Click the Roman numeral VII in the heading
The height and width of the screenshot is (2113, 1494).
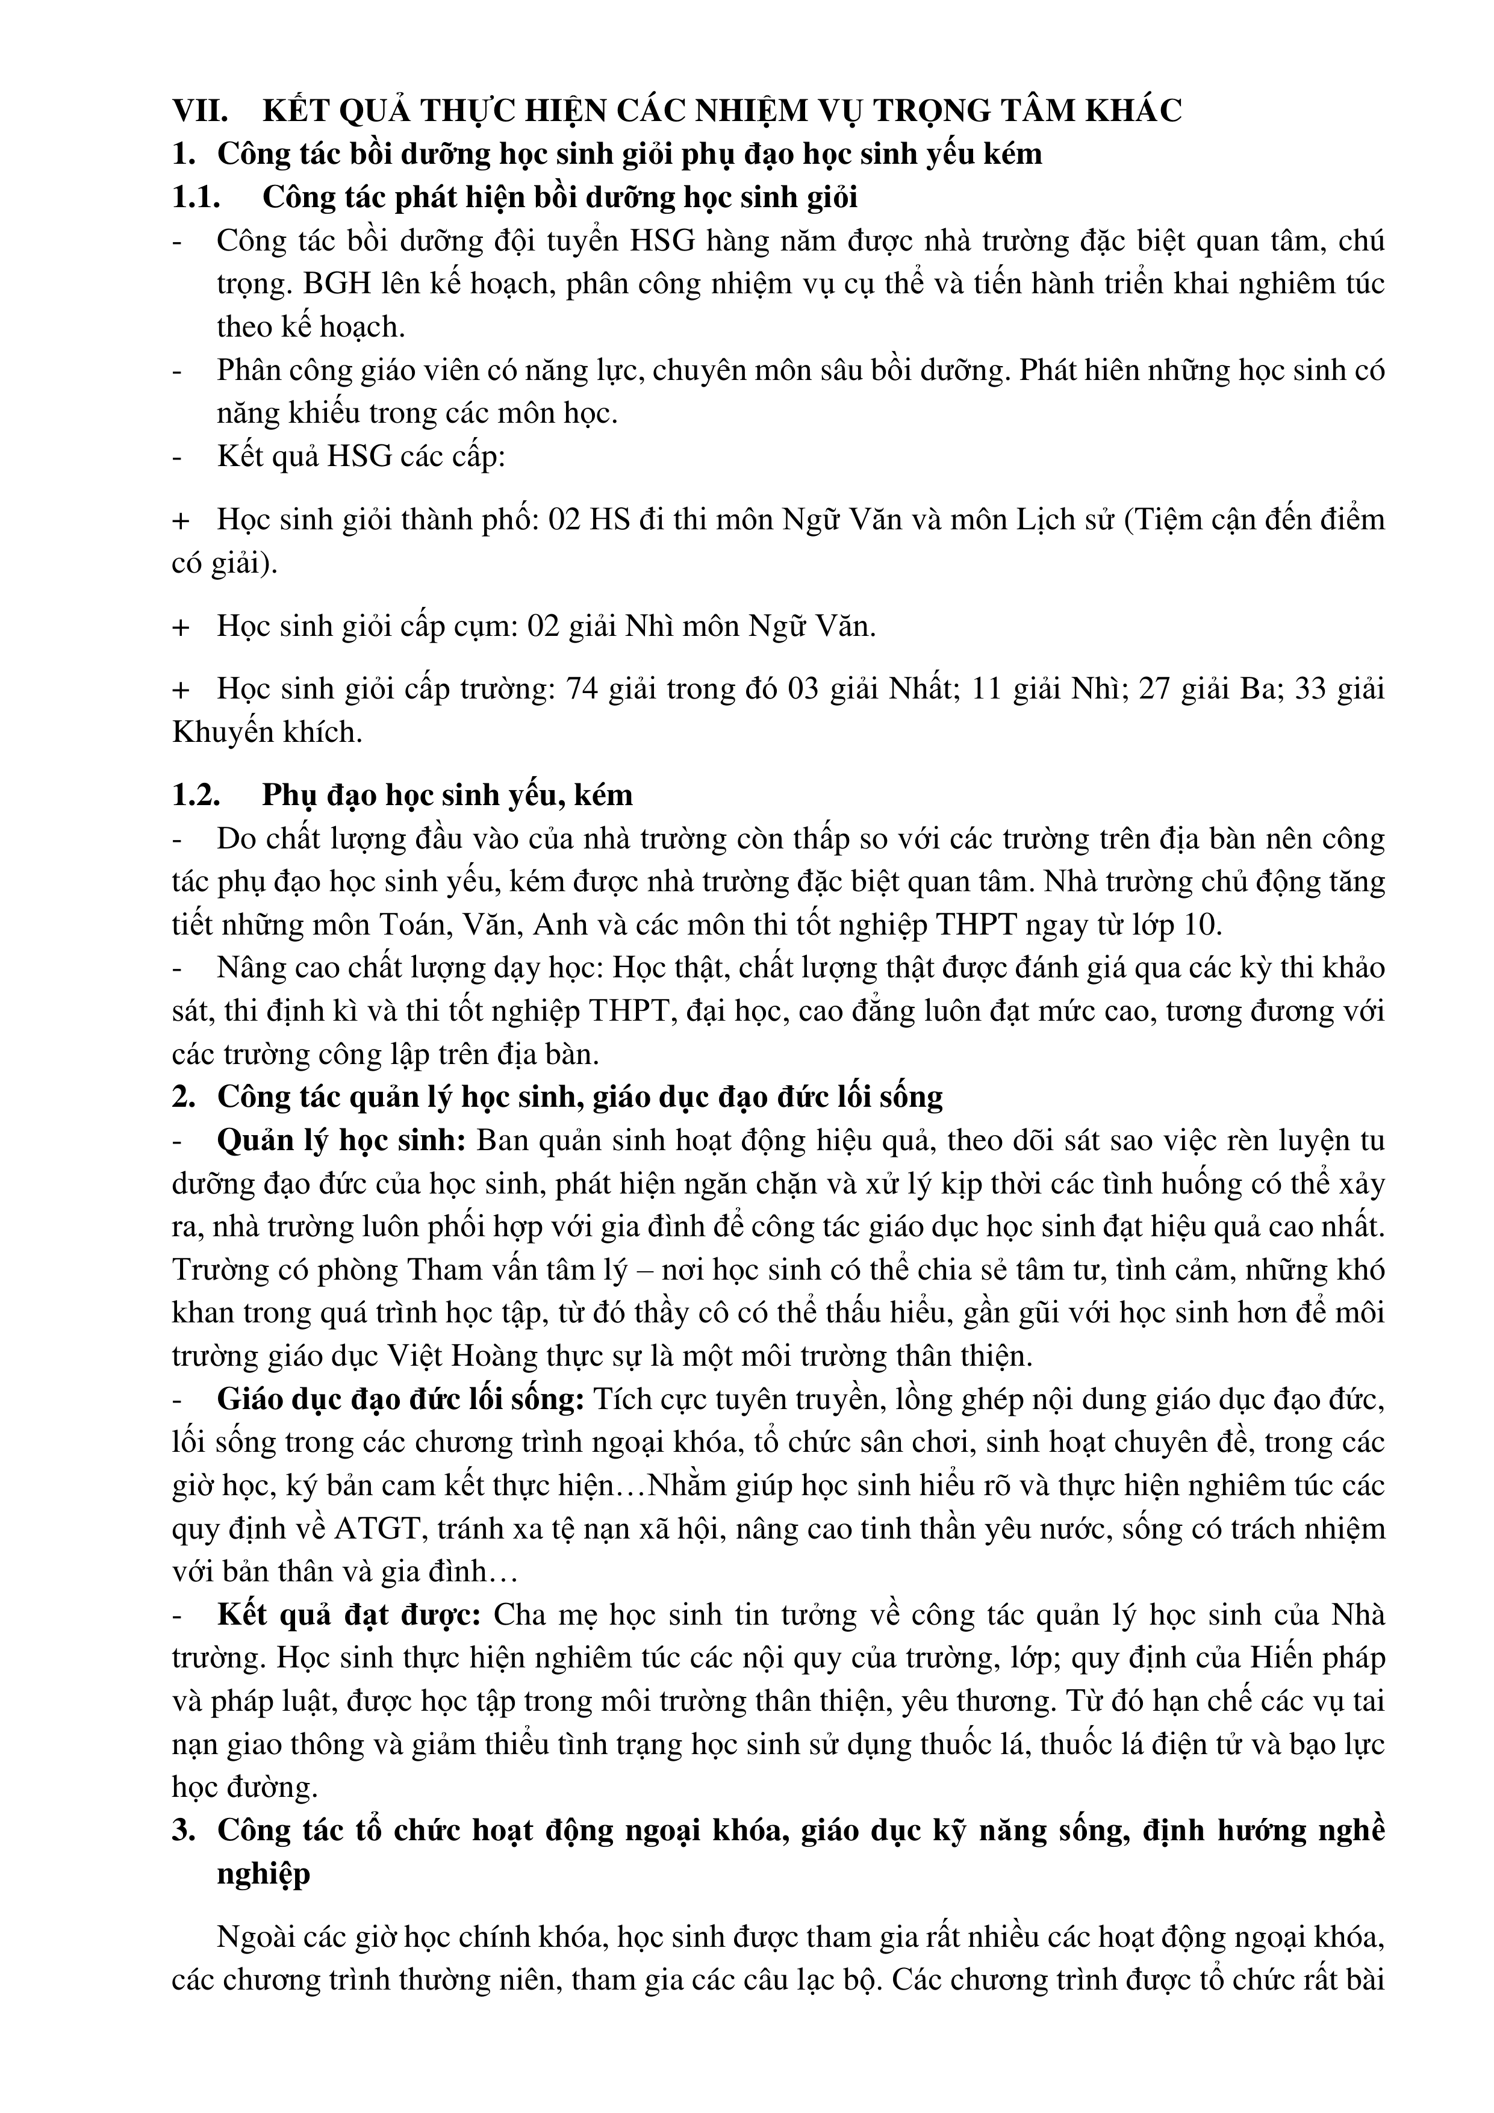click(x=200, y=110)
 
